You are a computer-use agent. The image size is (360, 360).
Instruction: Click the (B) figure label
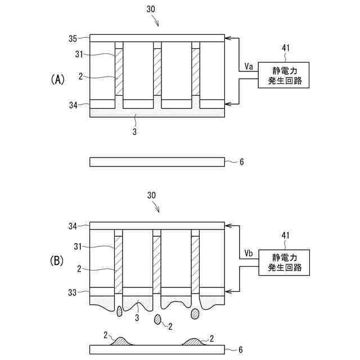58,261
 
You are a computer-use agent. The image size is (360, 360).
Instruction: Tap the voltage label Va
249,67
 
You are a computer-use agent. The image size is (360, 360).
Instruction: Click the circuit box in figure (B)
284,260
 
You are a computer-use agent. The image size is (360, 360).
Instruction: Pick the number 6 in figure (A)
242,162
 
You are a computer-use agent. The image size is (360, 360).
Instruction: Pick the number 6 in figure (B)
242,349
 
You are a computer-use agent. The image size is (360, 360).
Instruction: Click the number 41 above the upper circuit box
285,49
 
